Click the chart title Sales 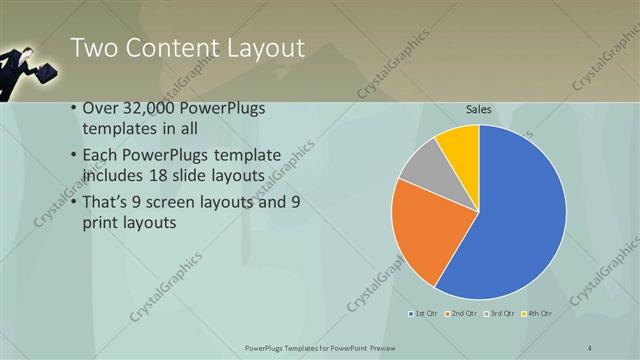[480, 110]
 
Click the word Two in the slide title [98, 48]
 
